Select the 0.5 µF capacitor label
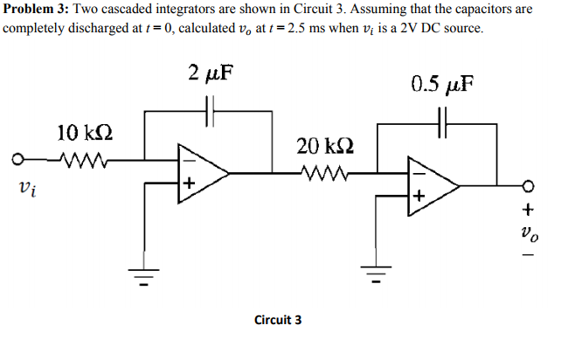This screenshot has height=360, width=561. (x=442, y=85)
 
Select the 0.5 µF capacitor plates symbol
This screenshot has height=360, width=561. (x=443, y=122)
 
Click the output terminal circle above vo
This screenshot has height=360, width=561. (x=527, y=184)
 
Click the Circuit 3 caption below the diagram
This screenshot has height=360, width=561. (x=277, y=320)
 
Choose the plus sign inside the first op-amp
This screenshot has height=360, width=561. (x=187, y=184)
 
